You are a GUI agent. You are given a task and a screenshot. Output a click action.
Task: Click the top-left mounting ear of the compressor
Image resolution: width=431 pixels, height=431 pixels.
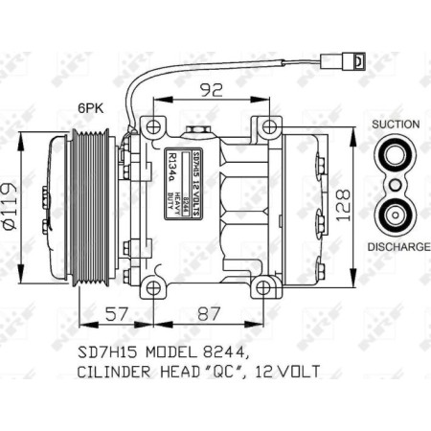point(153,125)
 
